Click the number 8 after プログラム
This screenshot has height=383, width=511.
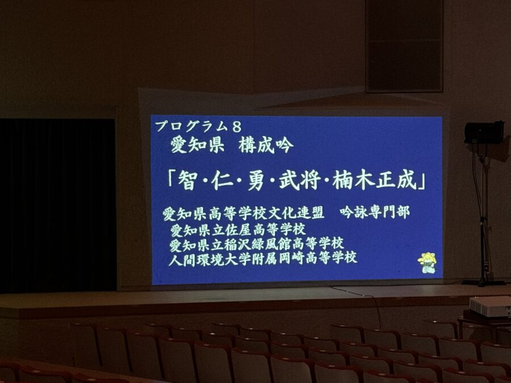tap(237, 127)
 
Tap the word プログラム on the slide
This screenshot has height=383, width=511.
tap(190, 127)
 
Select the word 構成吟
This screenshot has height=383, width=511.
tap(266, 146)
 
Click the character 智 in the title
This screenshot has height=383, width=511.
tap(187, 181)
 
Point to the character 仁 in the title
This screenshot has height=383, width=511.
tap(222, 181)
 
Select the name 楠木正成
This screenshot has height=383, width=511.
tap(375, 180)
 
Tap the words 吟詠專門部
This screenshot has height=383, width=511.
tap(375, 212)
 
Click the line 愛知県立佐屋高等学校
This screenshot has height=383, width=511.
tap(238, 230)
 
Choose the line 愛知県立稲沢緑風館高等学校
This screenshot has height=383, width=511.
tap(257, 244)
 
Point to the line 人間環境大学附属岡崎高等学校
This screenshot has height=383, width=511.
tap(263, 259)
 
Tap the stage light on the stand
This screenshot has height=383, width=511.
tap(484, 133)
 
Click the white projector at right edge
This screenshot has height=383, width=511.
tap(490, 306)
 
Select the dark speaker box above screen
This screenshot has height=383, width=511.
tap(404, 46)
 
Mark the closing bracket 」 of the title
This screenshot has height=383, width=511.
tap(422, 183)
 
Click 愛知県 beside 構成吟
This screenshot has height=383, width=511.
tap(198, 146)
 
